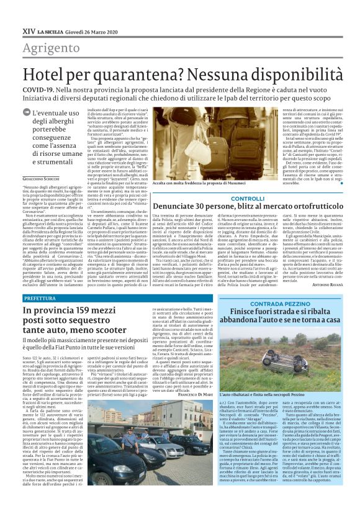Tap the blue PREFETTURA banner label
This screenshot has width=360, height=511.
click(x=40, y=281)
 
